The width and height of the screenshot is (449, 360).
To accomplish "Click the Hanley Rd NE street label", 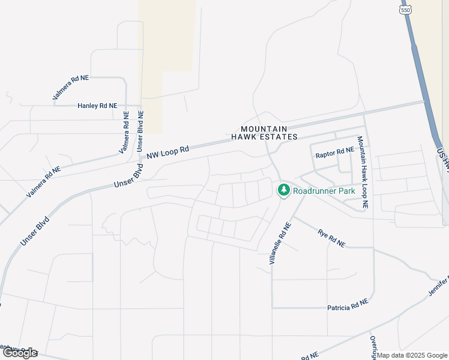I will tap(97, 106).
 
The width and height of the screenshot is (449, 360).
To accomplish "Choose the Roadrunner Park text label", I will tap(324, 191).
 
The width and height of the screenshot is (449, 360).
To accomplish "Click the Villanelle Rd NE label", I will tap(280, 244).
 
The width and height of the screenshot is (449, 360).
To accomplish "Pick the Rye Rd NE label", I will tap(331, 239).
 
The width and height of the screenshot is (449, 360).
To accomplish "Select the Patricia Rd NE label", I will tap(347, 307).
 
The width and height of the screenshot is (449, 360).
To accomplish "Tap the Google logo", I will tap(20, 353).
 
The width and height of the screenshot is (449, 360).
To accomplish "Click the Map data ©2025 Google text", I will tap(412, 355).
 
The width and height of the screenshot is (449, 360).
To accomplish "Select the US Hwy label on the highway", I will tap(444, 158).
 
